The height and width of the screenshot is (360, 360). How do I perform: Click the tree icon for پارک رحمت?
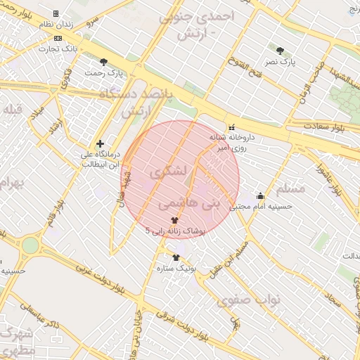tap(104, 62)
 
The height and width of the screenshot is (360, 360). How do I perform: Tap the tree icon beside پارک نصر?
tap(281, 51)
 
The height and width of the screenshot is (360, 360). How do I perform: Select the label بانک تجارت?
tap(57, 49)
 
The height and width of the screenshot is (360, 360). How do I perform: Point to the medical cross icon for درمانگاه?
tap(100, 143)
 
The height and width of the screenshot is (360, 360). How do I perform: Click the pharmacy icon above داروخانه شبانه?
tap(231, 127)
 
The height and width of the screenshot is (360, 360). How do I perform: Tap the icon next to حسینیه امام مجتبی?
tap(261, 196)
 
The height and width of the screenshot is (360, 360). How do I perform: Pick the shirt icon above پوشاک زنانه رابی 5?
tap(174, 220)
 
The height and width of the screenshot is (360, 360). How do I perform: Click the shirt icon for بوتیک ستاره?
tap(176, 257)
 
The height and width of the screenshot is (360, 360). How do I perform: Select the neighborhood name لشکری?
tap(169, 172)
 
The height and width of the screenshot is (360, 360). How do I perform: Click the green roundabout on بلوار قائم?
tap(30, 245)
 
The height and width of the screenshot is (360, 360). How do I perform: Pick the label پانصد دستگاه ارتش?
tap(144, 102)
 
